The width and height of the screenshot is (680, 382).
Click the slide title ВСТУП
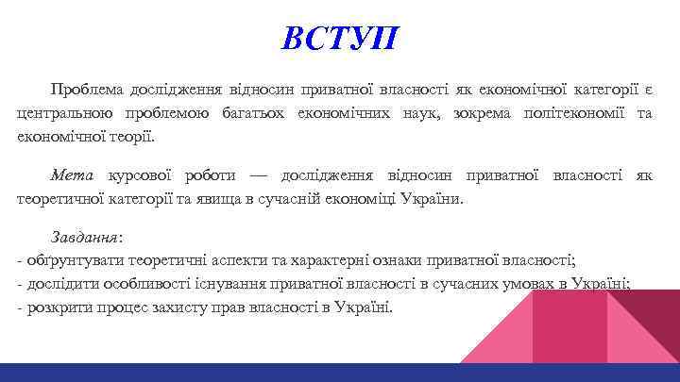click(340, 39)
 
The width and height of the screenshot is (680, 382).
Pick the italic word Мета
click(72, 175)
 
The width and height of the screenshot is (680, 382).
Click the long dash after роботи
click(260, 176)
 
